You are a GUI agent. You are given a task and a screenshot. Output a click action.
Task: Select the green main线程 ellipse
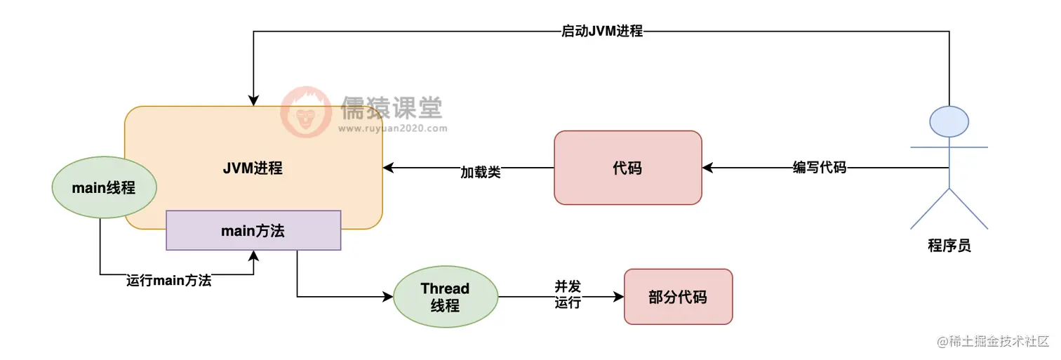104,187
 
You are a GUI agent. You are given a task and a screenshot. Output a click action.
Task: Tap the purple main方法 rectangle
253,230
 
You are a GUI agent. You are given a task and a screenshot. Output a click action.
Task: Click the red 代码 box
627,168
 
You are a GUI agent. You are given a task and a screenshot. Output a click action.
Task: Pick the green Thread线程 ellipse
445,297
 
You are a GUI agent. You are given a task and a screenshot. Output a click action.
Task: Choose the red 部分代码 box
678,297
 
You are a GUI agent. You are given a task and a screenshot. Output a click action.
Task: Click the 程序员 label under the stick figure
949,246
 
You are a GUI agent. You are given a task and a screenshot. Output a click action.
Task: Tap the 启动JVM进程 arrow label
602,32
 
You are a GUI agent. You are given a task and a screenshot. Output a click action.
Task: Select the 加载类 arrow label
481,172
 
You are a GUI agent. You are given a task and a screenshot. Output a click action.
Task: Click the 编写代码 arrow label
820,168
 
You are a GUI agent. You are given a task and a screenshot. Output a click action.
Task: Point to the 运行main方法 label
169,281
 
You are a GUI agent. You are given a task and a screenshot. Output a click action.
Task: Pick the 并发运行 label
568,295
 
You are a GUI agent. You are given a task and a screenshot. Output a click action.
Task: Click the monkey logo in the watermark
306,112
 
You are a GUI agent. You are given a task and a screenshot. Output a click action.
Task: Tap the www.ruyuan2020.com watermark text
392,129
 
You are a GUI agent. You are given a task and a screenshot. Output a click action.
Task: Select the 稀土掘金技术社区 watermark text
993,342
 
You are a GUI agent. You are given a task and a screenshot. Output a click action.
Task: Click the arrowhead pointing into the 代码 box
707,168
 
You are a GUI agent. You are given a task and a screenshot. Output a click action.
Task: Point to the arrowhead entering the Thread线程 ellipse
388,297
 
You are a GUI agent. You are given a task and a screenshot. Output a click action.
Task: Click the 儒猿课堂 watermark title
392,108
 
